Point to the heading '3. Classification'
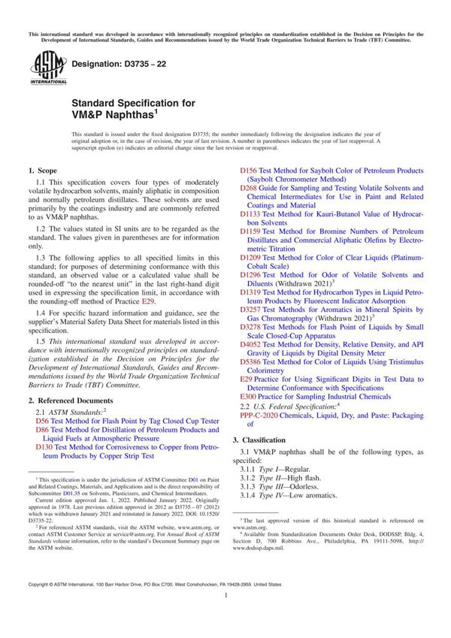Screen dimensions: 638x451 click(x=266, y=439)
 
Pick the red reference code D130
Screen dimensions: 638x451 click(x=45, y=446)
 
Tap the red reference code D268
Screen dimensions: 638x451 click(x=250, y=189)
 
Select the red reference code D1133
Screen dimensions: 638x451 click(x=253, y=214)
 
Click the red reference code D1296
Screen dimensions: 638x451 click(x=253, y=276)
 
